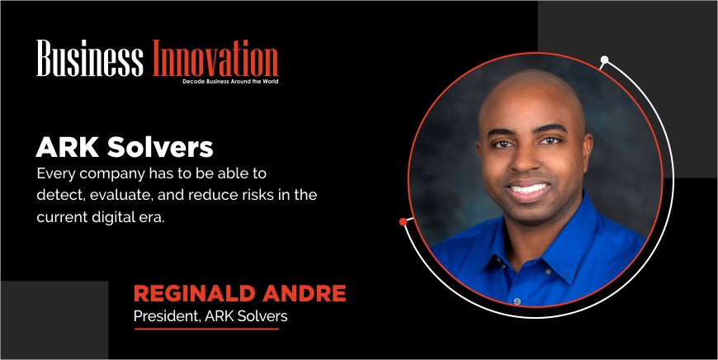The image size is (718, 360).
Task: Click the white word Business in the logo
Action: pos(90,58)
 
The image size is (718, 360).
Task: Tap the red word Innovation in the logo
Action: pos(215,58)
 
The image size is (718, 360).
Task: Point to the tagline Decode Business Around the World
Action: pos(230,82)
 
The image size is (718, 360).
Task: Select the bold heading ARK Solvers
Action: pos(125,148)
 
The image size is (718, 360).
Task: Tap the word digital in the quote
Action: pos(116,217)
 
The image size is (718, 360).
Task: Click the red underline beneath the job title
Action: pos(206,329)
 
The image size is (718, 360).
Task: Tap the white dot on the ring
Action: pos(604,59)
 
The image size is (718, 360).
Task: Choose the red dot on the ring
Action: pos(403,221)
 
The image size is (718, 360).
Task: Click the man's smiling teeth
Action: pos(529,188)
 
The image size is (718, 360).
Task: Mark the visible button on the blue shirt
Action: pos(517,301)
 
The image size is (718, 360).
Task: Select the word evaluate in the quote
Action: pos(120,195)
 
